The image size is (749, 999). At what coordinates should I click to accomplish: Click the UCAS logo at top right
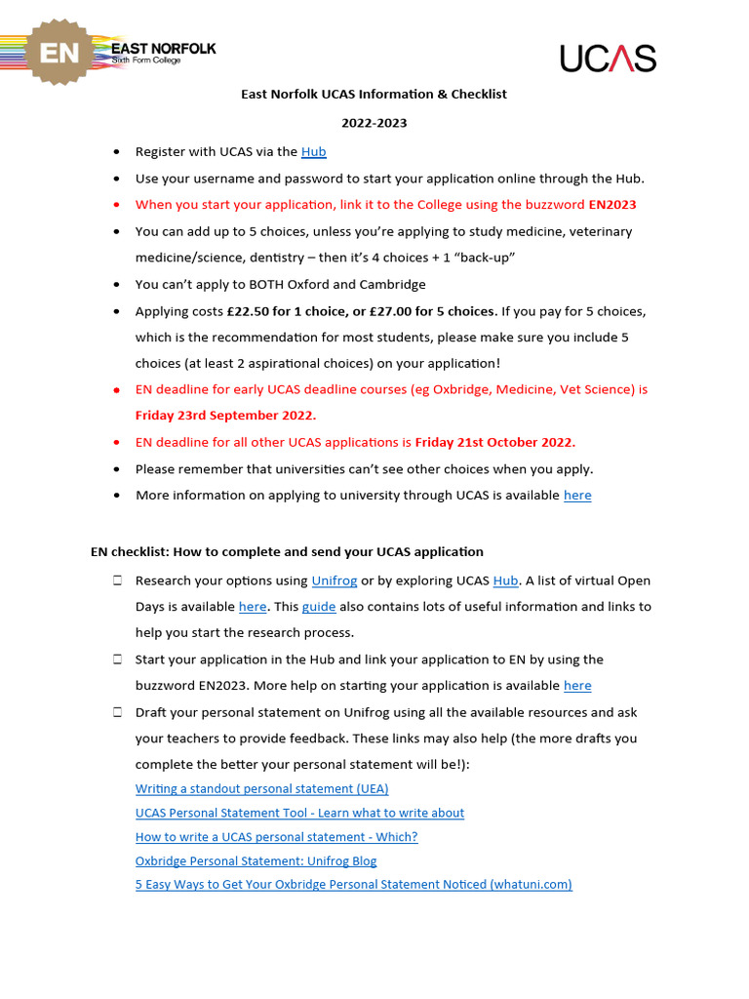(x=608, y=58)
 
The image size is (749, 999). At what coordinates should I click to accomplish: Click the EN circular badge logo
(x=59, y=53)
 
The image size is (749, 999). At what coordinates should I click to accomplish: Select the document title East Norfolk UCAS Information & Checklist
(x=374, y=95)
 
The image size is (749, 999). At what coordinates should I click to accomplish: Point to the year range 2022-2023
(x=374, y=123)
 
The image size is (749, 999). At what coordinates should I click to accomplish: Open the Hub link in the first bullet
(x=313, y=152)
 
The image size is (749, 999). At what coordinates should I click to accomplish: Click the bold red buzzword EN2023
(x=611, y=205)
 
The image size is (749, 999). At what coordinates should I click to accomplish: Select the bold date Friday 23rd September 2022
(x=225, y=416)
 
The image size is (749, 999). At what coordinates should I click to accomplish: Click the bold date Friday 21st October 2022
(x=494, y=442)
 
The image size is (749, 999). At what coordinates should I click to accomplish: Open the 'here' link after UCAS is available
(x=577, y=496)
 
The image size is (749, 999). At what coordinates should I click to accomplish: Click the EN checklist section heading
(x=287, y=552)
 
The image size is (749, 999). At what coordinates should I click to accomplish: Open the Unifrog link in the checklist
(x=335, y=580)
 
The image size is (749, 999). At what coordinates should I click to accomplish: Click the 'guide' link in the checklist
(x=319, y=607)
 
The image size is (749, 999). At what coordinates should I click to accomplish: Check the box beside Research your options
(x=117, y=580)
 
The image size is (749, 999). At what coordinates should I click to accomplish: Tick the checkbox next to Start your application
(x=117, y=659)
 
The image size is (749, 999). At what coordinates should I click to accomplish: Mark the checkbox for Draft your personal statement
(x=117, y=712)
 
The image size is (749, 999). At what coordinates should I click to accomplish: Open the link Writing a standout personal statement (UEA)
(x=261, y=789)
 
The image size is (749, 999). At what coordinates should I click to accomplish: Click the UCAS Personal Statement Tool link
(x=299, y=813)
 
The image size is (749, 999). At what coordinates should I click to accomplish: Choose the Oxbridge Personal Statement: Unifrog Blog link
(x=256, y=861)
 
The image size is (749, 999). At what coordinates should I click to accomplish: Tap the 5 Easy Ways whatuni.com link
(x=353, y=885)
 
